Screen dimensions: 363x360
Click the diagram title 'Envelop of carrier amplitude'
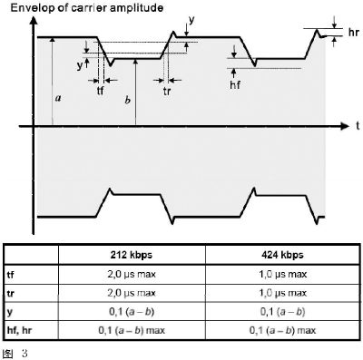(x=87, y=8)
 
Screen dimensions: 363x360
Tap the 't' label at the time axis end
(x=358, y=125)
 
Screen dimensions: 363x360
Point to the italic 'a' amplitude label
(x=58, y=98)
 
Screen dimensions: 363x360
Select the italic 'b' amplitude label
(x=128, y=100)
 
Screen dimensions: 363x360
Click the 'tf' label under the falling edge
(x=101, y=91)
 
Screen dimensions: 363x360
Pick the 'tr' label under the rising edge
(x=167, y=91)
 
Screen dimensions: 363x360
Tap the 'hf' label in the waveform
(x=235, y=85)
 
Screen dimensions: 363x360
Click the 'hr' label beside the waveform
(x=353, y=33)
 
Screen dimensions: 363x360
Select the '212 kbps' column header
(x=132, y=255)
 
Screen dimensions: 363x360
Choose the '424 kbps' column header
(x=282, y=255)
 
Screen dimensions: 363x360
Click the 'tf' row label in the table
(x=10, y=275)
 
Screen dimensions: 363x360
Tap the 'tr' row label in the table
(x=10, y=293)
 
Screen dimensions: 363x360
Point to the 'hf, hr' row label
(x=19, y=330)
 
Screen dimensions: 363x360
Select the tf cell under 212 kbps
(x=132, y=274)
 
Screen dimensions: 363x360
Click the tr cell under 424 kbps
(x=282, y=293)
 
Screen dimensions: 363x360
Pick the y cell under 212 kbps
(x=132, y=312)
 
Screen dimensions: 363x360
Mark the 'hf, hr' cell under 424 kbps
(x=282, y=330)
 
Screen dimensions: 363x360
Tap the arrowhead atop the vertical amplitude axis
(x=34, y=20)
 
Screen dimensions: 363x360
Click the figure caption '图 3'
(x=15, y=354)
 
